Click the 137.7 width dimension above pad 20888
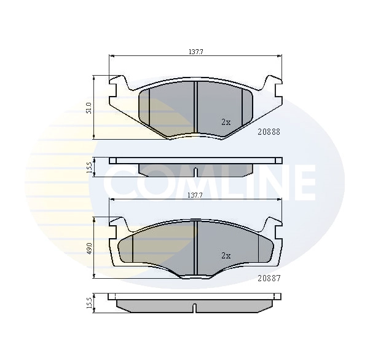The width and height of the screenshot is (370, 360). click(x=195, y=52)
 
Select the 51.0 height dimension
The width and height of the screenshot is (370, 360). click(x=89, y=108)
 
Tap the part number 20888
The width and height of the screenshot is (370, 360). click(x=269, y=131)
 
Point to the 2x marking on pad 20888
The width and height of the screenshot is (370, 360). click(x=226, y=122)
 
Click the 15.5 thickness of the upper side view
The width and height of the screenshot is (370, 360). click(x=89, y=167)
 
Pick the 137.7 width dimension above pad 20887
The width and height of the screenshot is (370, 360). click(x=195, y=195)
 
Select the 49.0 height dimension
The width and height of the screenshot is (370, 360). click(x=89, y=248)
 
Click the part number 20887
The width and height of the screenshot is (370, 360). click(x=269, y=278)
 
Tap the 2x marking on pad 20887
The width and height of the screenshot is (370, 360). click(x=226, y=255)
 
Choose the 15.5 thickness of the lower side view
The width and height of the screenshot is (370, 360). click(x=89, y=303)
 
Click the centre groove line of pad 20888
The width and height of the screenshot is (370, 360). click(x=195, y=108)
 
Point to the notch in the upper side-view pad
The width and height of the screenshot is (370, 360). click(x=195, y=172)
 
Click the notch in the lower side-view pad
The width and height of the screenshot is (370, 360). click(x=195, y=308)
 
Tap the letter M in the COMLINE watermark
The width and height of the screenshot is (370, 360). click(x=184, y=183)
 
